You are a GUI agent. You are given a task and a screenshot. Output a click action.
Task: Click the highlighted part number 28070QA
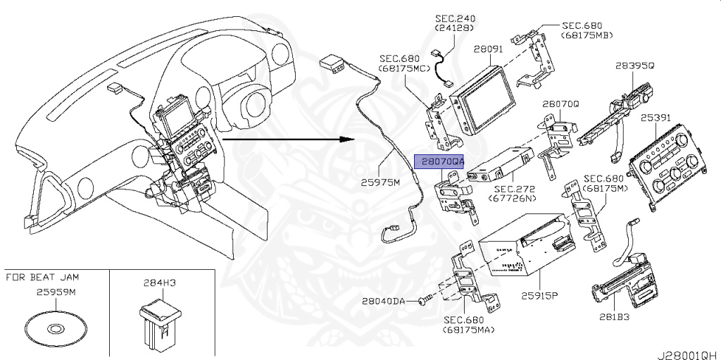coord(439,161)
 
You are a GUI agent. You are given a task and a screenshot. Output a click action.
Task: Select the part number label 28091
coord(487,50)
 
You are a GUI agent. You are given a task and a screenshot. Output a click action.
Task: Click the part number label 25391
coord(655,118)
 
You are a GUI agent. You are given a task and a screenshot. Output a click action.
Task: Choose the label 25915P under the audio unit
coord(539,295)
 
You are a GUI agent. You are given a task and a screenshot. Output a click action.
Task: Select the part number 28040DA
coord(384,301)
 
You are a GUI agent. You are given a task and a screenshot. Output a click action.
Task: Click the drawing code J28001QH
coord(689,350)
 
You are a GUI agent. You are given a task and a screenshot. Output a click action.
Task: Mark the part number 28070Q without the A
coord(560,103)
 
